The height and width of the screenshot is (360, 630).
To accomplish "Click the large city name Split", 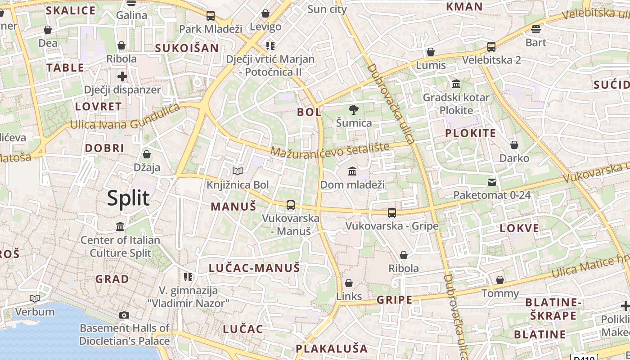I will (x=128, y=198).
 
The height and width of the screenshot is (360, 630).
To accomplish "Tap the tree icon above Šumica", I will (x=354, y=109).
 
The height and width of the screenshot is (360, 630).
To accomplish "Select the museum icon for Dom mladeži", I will (x=352, y=171).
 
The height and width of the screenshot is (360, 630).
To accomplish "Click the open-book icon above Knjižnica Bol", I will (x=238, y=171).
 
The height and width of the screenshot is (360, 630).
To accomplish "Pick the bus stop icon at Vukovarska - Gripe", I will (x=392, y=212).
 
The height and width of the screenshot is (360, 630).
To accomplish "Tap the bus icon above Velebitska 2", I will (x=491, y=47).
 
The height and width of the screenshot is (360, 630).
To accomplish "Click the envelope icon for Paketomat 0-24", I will (x=492, y=182).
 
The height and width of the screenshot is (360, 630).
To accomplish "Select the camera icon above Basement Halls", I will (x=124, y=315).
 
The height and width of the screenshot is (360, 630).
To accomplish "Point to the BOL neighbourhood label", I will (x=309, y=112).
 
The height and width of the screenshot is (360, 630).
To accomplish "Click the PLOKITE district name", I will (x=470, y=133).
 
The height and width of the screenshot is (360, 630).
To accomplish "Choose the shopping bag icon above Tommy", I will (x=500, y=280).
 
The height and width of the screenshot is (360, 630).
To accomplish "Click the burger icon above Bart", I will (x=535, y=29).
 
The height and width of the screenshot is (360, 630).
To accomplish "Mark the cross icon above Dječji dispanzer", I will (x=122, y=76).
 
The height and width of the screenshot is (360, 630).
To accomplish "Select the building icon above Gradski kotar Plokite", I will (x=456, y=84).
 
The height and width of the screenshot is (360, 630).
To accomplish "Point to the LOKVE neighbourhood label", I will (x=519, y=228).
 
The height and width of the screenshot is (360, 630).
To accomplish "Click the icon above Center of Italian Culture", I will (x=120, y=226).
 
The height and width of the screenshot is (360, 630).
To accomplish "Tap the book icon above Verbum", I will (x=35, y=298).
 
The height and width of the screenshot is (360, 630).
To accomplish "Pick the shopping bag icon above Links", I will (x=349, y=283).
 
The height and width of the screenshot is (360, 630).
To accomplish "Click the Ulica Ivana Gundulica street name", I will (x=125, y=117).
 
